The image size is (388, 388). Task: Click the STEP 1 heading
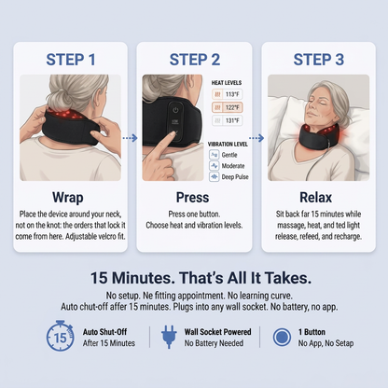tap(71, 60)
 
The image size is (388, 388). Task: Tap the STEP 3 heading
tap(319, 60)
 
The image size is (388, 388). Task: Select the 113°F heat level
tap(228, 94)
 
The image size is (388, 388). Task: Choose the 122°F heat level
tap(228, 107)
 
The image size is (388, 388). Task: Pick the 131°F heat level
tap(228, 120)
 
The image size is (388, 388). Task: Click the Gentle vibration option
tap(223, 155)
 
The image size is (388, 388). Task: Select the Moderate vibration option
tap(227, 166)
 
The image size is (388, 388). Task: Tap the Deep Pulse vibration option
tap(229, 177)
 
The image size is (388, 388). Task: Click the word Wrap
tap(68, 198)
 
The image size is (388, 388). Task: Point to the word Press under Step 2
tap(193, 198)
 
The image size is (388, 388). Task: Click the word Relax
tap(316, 198)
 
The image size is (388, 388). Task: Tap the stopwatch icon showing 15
tap(60, 336)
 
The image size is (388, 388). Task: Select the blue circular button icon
tap(282, 338)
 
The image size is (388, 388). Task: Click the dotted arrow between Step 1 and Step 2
tap(130, 138)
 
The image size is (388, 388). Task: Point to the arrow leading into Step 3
tap(256, 138)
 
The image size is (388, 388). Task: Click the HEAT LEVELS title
tap(227, 83)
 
